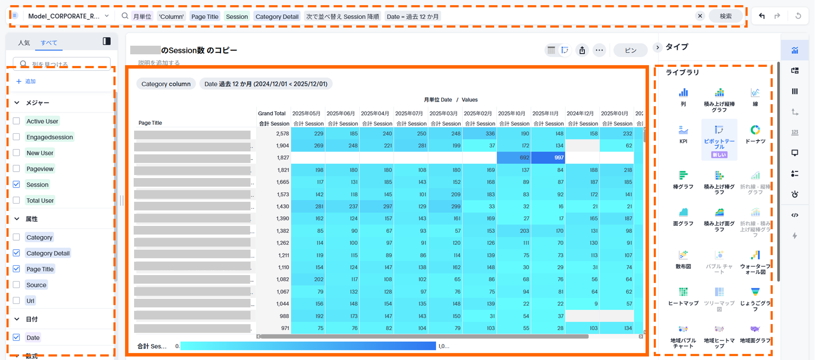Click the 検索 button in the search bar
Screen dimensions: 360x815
[725, 16]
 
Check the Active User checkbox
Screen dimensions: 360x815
[16, 121]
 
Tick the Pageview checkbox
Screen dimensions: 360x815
[16, 169]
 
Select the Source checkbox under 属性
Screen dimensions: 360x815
[16, 285]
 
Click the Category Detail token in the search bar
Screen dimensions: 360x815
[277, 16]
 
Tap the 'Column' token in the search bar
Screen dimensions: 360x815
[171, 16]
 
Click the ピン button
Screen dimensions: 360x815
[630, 50]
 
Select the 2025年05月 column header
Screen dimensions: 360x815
[306, 113]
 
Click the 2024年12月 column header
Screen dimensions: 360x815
[580, 113]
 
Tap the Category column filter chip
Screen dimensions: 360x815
[166, 84]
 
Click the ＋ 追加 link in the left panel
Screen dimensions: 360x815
[26, 81]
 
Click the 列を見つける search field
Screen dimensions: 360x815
[65, 64]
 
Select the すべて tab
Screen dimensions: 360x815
[49, 43]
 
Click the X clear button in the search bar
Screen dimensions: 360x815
[700, 16]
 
